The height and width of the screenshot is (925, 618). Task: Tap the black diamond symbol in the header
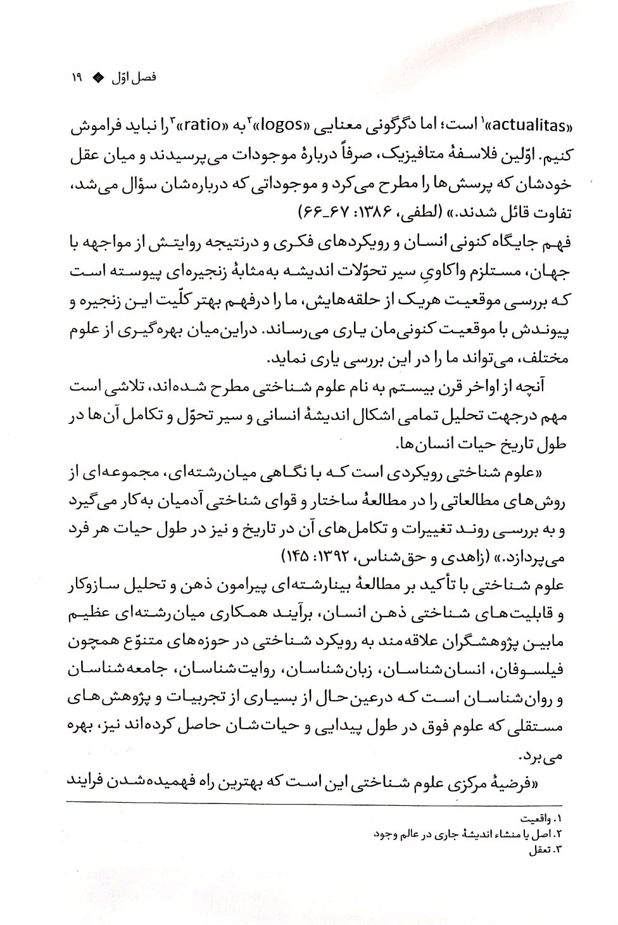[x=98, y=79]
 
